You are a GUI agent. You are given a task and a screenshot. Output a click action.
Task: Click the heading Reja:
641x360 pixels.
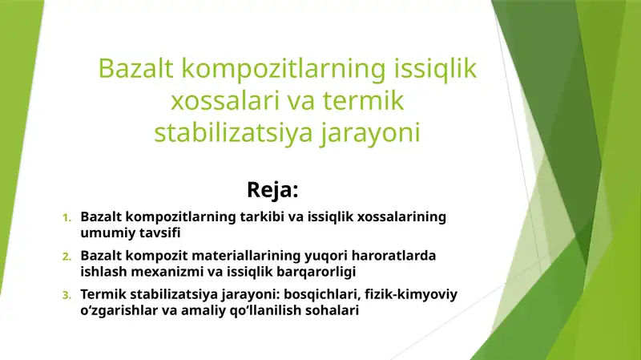click(x=273, y=190)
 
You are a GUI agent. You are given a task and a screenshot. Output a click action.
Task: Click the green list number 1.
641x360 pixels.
click(x=67, y=218)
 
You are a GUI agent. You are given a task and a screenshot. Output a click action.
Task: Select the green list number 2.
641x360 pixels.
click(x=67, y=257)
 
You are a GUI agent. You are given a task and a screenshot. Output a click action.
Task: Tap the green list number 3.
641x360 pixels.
click(x=67, y=296)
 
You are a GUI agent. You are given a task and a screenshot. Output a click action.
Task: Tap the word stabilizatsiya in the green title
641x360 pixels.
click(x=223, y=132)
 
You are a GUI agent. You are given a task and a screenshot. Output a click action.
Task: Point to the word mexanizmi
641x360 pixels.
click(x=160, y=272)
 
